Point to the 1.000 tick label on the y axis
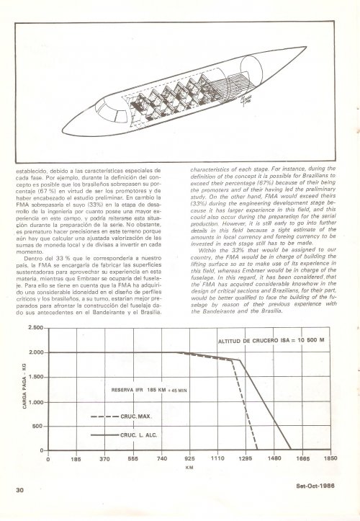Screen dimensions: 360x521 coord(33,402)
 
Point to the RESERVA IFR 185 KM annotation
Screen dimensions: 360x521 coord(148,390)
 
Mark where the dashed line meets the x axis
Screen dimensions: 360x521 coord(257,450)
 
